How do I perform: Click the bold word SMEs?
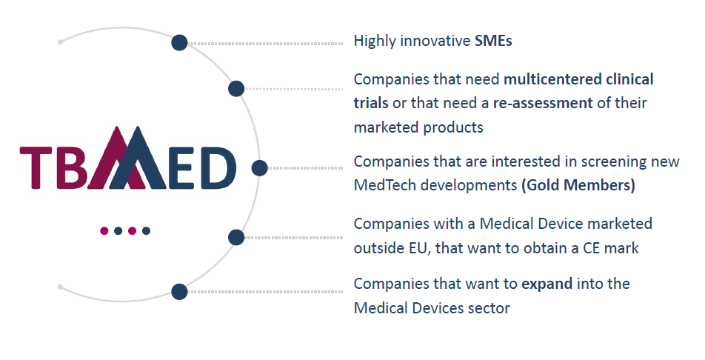tap(493, 41)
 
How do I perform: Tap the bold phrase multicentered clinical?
tap(578, 79)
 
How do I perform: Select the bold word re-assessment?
tap(543, 103)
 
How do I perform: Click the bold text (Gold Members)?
tap(578, 185)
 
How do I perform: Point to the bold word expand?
tap(547, 284)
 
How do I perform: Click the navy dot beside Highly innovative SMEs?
tap(179, 43)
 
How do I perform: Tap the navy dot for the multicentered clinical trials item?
tap(236, 89)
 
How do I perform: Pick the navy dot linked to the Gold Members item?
tap(259, 168)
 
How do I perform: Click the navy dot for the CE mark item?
tap(236, 237)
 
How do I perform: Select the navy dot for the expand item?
tap(179, 292)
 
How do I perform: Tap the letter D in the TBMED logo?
tap(218, 168)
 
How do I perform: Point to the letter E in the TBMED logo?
tap(182, 168)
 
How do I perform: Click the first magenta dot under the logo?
tap(104, 231)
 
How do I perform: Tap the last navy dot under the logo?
tap(146, 231)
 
